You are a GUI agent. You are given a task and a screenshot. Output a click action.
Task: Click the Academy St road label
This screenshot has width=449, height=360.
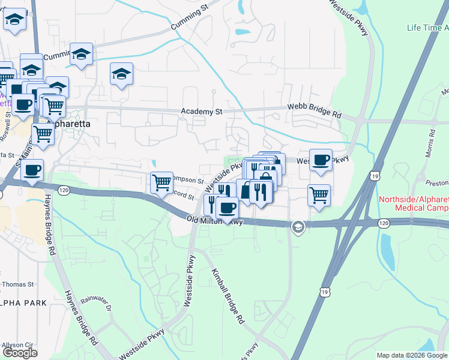202,112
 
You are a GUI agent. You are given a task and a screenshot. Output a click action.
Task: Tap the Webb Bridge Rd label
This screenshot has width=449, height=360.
313,114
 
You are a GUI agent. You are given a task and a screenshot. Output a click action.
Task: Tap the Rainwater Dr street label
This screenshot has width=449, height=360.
97,304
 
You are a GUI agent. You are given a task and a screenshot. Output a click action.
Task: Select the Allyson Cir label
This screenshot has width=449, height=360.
17,345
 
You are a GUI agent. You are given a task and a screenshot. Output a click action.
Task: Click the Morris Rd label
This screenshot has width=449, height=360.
432,142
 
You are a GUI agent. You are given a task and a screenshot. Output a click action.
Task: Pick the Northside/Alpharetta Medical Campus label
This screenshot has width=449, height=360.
414,203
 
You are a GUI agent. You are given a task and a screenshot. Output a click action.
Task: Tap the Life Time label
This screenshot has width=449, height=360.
427,28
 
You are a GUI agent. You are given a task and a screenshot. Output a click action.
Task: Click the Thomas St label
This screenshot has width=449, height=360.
16,284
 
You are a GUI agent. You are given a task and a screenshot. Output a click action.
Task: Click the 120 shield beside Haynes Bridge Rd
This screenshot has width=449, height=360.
63,190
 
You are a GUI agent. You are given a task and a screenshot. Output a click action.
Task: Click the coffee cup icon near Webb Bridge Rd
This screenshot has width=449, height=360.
321,160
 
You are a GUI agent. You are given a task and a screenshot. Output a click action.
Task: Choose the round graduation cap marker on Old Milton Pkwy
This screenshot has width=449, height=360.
297,227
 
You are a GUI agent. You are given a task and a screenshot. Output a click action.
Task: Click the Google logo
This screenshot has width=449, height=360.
20,353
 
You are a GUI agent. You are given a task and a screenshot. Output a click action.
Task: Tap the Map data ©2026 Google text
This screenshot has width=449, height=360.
412,355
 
